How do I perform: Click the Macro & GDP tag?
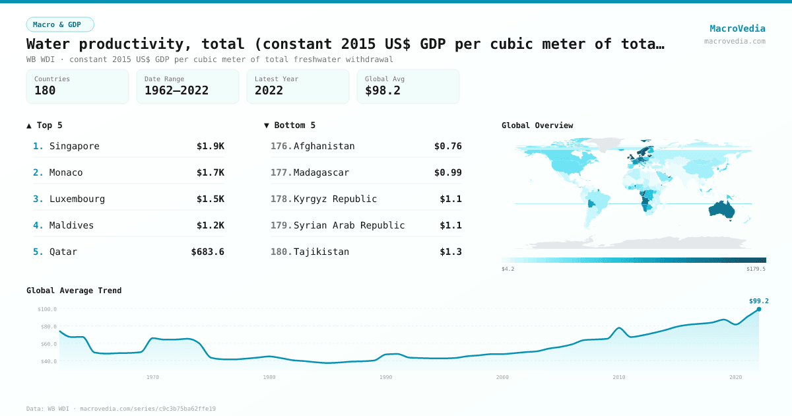[60, 24]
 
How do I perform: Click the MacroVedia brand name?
[737, 28]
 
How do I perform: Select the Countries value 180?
[45, 91]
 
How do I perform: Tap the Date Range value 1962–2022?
[176, 91]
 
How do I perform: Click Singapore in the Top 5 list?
[74, 146]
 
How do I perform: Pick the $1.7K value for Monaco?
[210, 172]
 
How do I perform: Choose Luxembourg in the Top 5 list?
[77, 199]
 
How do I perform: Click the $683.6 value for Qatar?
[207, 252]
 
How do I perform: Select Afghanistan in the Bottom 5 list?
[324, 146]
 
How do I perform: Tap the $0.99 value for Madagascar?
[447, 172]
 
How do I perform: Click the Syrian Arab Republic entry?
[349, 225]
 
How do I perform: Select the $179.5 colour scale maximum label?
[756, 269]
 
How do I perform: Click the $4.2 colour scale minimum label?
[508, 269]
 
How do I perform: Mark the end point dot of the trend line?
[758, 309]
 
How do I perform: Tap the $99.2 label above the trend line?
[758, 301]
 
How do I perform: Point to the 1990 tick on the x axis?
[386, 377]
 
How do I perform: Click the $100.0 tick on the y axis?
[47, 309]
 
